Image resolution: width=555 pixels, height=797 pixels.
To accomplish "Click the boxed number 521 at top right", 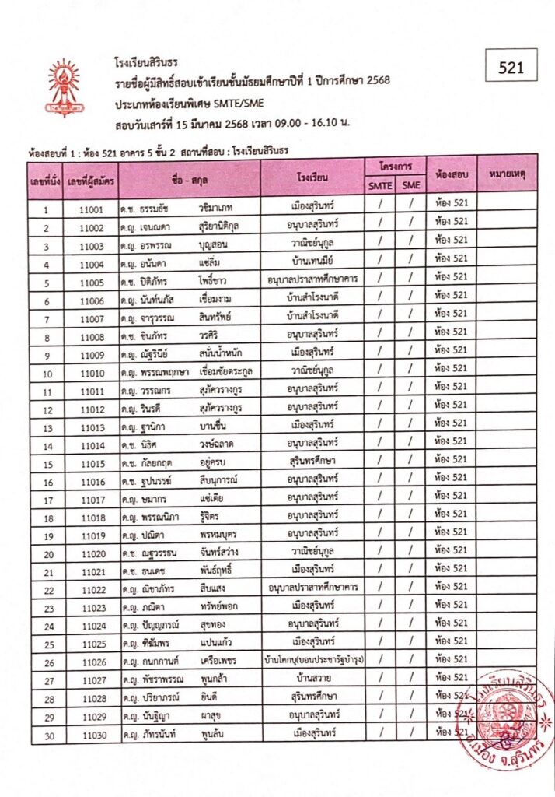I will coord(512,68).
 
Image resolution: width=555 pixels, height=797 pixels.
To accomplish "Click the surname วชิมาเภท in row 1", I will coord(216,209).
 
